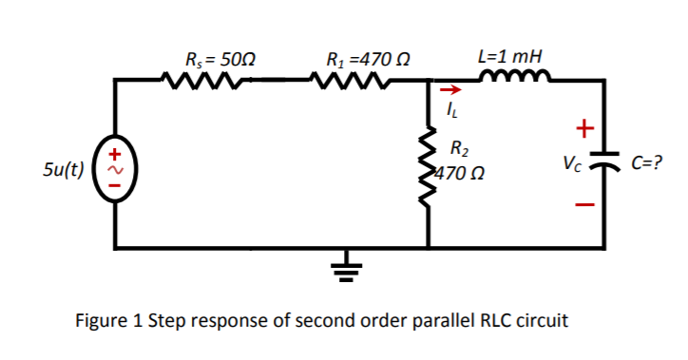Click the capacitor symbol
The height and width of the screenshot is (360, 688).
click(601, 165)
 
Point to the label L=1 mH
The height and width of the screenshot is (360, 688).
click(512, 55)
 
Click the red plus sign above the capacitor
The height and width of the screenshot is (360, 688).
click(585, 127)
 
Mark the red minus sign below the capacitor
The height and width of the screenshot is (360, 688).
click(586, 203)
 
